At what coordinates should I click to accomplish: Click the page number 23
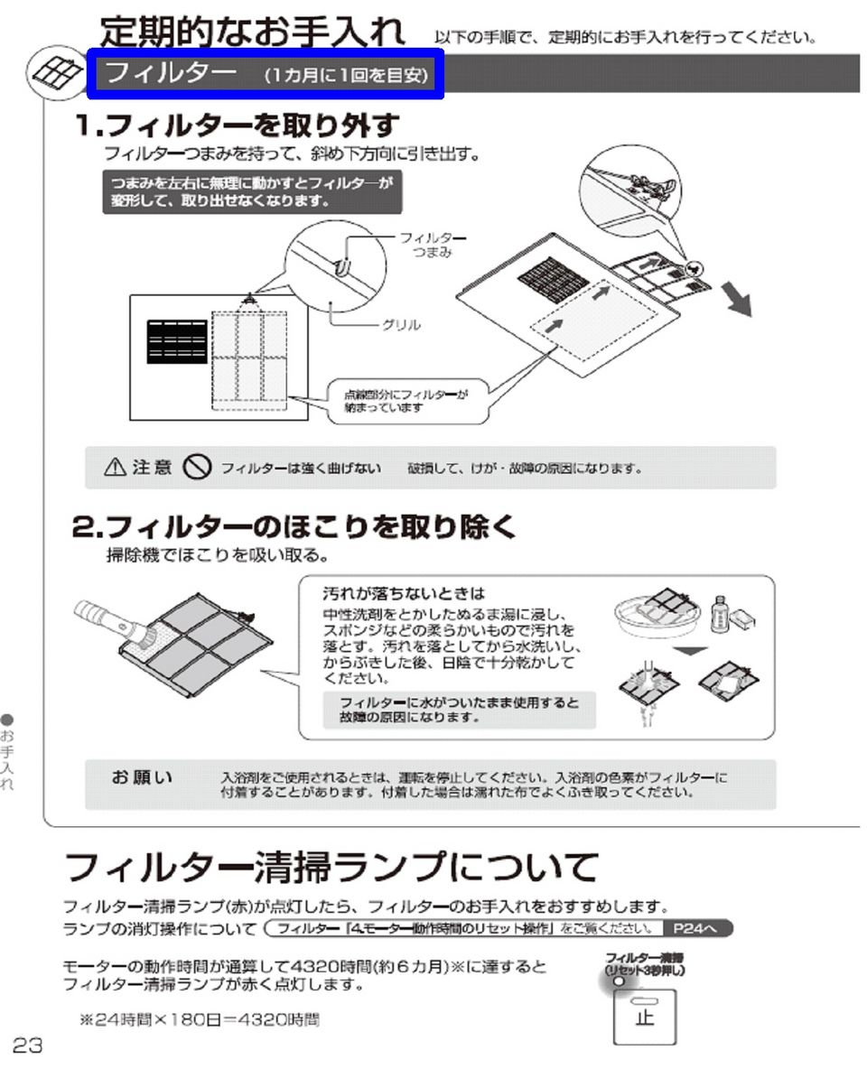27,1045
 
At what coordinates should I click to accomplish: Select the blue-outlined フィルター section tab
265,74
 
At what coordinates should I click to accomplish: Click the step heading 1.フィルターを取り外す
237,125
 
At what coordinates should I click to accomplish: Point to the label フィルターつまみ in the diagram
433,244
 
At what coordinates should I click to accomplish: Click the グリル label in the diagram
401,325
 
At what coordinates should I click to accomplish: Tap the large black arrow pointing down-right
738,301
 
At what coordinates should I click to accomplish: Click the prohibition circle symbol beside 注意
196,467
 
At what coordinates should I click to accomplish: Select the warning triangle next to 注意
115,468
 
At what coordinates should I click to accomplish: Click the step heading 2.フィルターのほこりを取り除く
294,526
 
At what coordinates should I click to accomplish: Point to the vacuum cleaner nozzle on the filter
117,622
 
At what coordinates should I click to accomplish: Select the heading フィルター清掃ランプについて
331,869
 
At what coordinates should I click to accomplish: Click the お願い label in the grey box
142,777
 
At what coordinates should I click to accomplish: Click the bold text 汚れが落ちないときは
404,593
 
